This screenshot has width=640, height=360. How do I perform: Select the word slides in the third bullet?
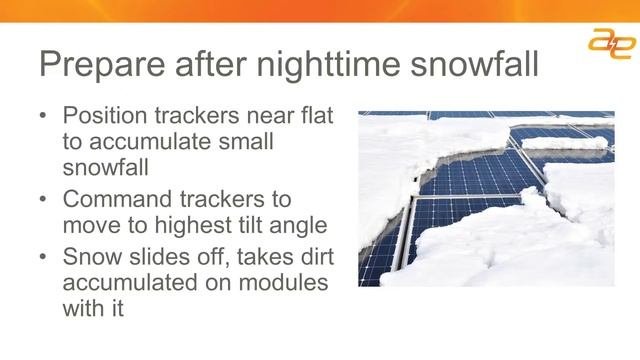tap(157, 257)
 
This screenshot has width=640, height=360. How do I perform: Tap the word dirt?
tap(310, 257)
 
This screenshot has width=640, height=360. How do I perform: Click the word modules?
tap(289, 283)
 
